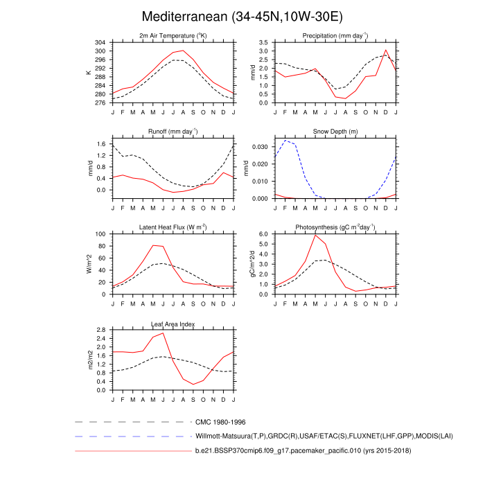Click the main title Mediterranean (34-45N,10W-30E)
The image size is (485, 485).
(242, 17)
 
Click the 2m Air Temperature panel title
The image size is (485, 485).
(173, 35)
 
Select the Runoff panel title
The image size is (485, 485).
(173, 131)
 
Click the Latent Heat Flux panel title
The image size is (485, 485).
(173, 227)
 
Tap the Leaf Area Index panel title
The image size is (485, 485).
(173, 324)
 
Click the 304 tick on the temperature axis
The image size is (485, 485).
(100, 42)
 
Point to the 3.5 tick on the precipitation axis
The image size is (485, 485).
(263, 42)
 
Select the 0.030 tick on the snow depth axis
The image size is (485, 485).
(258, 147)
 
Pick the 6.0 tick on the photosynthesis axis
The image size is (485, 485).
(263, 234)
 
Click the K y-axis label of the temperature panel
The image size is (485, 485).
(89, 72)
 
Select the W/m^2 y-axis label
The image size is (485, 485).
(89, 264)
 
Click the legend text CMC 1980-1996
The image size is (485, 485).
(221, 421)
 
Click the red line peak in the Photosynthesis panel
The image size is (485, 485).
(316, 236)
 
